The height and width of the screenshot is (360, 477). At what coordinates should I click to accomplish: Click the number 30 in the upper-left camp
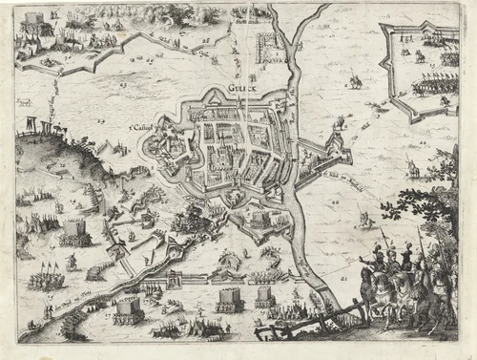click(x=53, y=16)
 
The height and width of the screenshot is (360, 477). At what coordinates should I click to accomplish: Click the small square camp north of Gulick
click(x=270, y=46)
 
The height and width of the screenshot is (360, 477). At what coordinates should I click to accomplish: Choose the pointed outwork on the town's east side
click(x=333, y=148)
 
